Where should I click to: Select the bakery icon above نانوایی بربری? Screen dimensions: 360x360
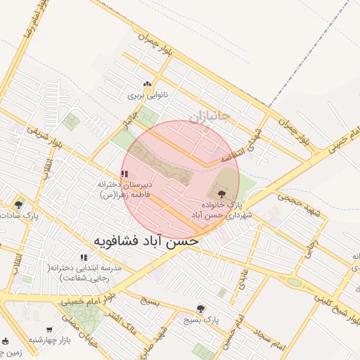(148, 84)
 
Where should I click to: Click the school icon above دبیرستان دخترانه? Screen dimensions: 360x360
(124, 174)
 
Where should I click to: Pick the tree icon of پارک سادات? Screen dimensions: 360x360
(18, 205)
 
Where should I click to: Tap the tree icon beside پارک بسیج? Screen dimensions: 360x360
(201, 309)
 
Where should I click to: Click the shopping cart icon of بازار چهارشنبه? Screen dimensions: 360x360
(49, 330)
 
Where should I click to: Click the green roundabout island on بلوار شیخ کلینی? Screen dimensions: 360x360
(294, 282)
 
